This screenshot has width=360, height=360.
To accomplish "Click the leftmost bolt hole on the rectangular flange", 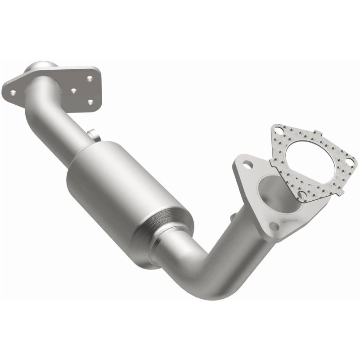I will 13,93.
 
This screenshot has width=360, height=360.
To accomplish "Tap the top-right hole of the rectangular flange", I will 90,79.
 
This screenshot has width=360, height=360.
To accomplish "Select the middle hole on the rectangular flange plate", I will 73,90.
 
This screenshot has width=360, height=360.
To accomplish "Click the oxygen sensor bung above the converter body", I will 92,134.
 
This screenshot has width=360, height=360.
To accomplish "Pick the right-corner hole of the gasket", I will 348,159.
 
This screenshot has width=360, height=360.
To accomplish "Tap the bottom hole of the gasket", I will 301,195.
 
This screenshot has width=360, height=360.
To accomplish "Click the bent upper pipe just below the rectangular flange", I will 45,108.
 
